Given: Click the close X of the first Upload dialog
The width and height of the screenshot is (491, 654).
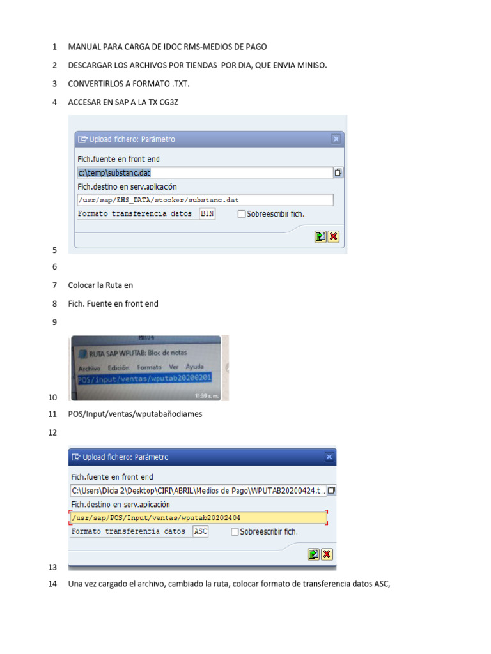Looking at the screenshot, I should point(336,139).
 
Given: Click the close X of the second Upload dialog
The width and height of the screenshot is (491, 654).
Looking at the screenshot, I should point(329,457).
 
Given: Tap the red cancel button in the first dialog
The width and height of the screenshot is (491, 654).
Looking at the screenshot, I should point(333,236).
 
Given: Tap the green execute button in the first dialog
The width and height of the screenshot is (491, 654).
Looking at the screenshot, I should point(320,236).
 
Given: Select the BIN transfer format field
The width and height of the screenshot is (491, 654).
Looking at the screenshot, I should point(207,214).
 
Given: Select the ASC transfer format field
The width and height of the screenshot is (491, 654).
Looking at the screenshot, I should point(200,531).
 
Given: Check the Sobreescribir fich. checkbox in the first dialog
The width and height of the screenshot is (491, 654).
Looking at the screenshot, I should point(241,214).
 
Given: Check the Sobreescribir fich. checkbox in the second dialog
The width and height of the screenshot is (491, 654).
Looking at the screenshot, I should point(235,531).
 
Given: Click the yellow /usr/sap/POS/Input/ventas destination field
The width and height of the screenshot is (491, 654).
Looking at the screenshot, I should point(198,517).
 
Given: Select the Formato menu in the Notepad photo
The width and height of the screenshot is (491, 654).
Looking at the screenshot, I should point(149,368).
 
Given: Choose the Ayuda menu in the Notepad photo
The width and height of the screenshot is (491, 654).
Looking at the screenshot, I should point(194,367).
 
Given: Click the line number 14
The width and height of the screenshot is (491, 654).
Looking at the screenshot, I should point(53,584).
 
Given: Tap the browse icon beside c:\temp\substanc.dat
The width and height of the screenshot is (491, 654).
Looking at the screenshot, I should point(338,172).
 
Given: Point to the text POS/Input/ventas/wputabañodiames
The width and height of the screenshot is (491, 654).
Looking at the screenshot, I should point(135,414).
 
